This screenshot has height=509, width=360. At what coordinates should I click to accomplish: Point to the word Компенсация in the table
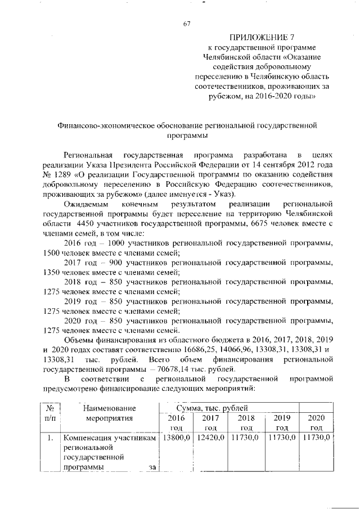pyautogui.click(x=86, y=438)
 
